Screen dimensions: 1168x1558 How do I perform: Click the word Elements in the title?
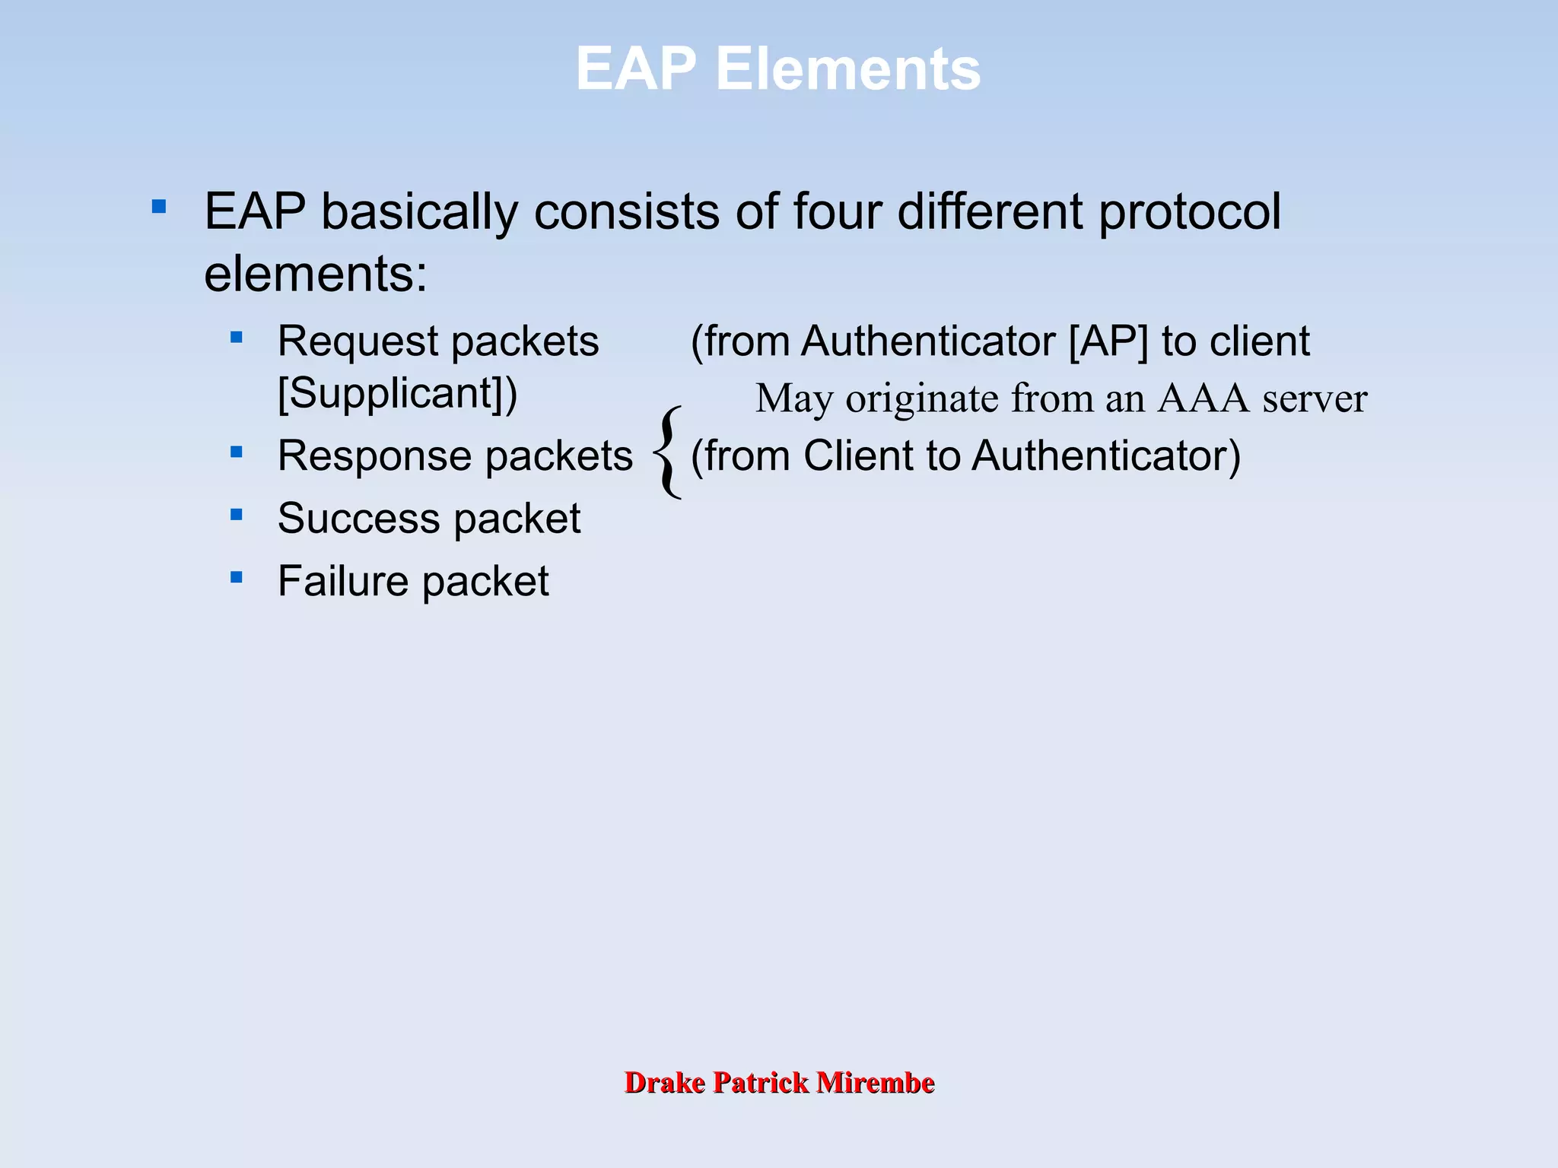847,68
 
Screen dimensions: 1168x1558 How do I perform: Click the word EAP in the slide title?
635,68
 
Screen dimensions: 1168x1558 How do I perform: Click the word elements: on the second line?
316,274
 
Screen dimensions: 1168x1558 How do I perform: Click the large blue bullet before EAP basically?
159,206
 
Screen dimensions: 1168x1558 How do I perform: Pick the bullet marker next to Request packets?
237,337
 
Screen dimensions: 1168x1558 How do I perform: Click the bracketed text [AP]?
1108,341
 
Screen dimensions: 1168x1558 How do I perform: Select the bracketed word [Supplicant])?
397,394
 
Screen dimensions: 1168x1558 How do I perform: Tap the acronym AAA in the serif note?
1203,398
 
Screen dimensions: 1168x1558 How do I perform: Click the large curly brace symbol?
668,452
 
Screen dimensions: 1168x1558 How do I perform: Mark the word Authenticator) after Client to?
1106,456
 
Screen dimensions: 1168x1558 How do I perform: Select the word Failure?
343,582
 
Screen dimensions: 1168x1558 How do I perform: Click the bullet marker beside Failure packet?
237,578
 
